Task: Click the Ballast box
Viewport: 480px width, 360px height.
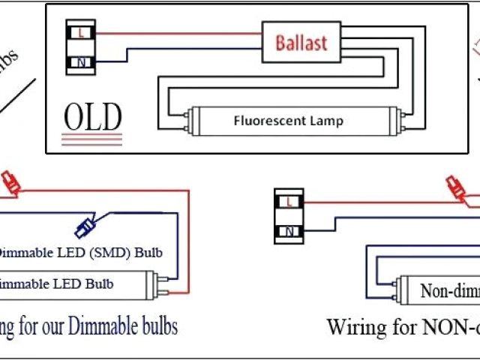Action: pos(301,42)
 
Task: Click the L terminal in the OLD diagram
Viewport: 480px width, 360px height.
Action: pos(80,34)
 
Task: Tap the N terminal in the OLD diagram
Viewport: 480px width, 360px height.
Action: pos(80,63)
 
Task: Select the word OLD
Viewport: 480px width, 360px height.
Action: pos(92,117)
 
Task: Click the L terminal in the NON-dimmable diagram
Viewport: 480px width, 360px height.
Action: pos(289,201)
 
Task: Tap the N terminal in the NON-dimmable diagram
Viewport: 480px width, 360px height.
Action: pos(289,231)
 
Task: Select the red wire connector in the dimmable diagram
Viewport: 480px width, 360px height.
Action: pos(10,181)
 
